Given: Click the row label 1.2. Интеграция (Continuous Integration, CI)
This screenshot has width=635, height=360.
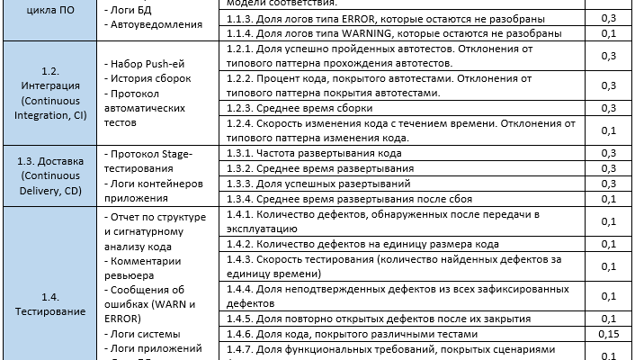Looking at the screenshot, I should (x=50, y=93).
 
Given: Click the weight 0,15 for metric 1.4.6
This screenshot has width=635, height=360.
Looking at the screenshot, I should (x=607, y=334).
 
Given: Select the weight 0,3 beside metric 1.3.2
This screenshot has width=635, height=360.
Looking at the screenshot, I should (x=607, y=168).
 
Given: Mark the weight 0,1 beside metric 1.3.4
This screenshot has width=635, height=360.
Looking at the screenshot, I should (x=607, y=199).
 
